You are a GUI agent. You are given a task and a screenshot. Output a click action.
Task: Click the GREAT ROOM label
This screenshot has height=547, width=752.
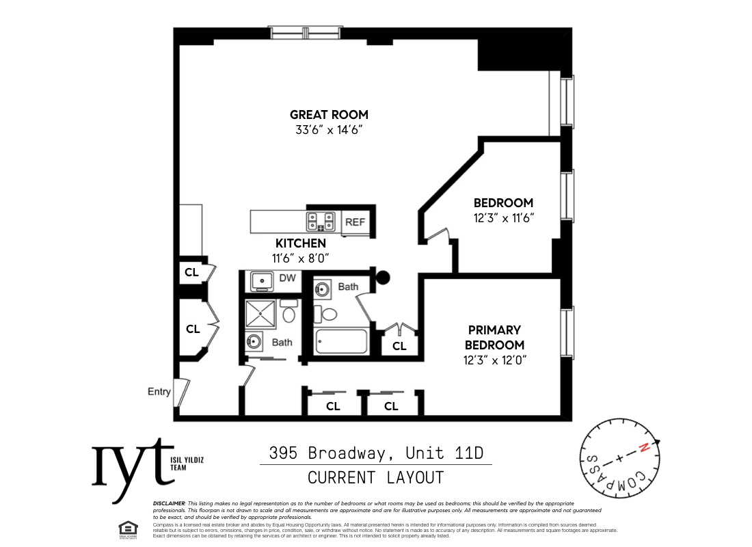click(329, 115)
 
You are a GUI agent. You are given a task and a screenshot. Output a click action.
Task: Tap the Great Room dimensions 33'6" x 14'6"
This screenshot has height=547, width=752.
click(329, 130)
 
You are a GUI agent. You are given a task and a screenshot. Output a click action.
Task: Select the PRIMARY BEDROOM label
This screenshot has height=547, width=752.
click(494, 338)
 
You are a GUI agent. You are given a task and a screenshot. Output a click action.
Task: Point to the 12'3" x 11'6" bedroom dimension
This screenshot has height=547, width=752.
click(503, 218)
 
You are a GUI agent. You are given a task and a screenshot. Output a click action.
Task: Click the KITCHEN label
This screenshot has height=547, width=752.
click(300, 243)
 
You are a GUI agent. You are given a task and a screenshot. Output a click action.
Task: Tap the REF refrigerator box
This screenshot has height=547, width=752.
click(355, 222)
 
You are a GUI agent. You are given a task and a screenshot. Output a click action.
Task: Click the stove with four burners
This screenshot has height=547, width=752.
click(321, 221)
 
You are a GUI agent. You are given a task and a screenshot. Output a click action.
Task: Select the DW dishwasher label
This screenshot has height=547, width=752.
click(288, 278)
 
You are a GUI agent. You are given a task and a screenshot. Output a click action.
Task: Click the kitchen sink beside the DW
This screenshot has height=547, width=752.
click(261, 280)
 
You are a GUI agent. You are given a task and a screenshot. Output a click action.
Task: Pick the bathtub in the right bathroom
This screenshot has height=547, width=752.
click(341, 341)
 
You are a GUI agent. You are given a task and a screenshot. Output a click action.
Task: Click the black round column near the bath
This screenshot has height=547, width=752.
click(384, 278)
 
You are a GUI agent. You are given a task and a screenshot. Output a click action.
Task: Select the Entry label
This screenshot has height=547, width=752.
click(159, 392)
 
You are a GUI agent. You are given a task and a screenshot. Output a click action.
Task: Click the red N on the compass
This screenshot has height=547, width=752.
click(643, 449)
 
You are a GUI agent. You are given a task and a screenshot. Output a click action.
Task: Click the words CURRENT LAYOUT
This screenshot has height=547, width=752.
click(375, 477)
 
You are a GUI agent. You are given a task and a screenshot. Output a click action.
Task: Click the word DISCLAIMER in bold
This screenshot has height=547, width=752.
click(169, 503)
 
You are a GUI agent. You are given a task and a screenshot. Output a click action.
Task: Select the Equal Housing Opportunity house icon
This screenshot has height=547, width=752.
click(126, 529)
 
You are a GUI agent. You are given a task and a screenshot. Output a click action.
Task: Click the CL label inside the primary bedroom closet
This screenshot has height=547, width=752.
click(399, 346)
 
